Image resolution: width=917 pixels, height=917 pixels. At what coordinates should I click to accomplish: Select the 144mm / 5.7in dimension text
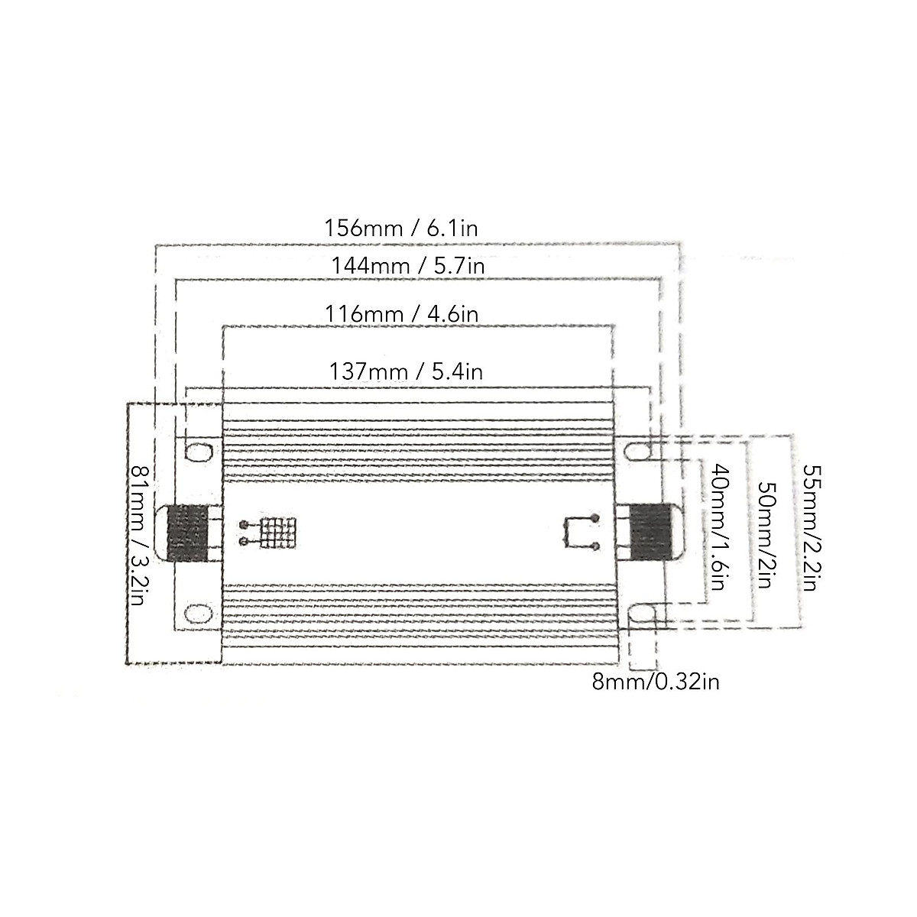408,266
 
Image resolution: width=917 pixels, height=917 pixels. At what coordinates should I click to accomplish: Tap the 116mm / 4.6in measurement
402,313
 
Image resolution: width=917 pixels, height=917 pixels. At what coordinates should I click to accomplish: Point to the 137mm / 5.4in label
406,371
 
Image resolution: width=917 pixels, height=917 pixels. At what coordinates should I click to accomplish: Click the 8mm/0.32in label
656,682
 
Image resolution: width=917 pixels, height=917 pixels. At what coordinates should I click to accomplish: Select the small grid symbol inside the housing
278,533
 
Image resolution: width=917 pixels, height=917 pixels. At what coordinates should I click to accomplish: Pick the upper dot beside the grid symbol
243,525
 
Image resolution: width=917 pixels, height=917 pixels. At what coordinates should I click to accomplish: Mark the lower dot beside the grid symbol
243,542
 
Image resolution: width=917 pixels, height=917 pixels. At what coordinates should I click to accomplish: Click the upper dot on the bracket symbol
595,519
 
